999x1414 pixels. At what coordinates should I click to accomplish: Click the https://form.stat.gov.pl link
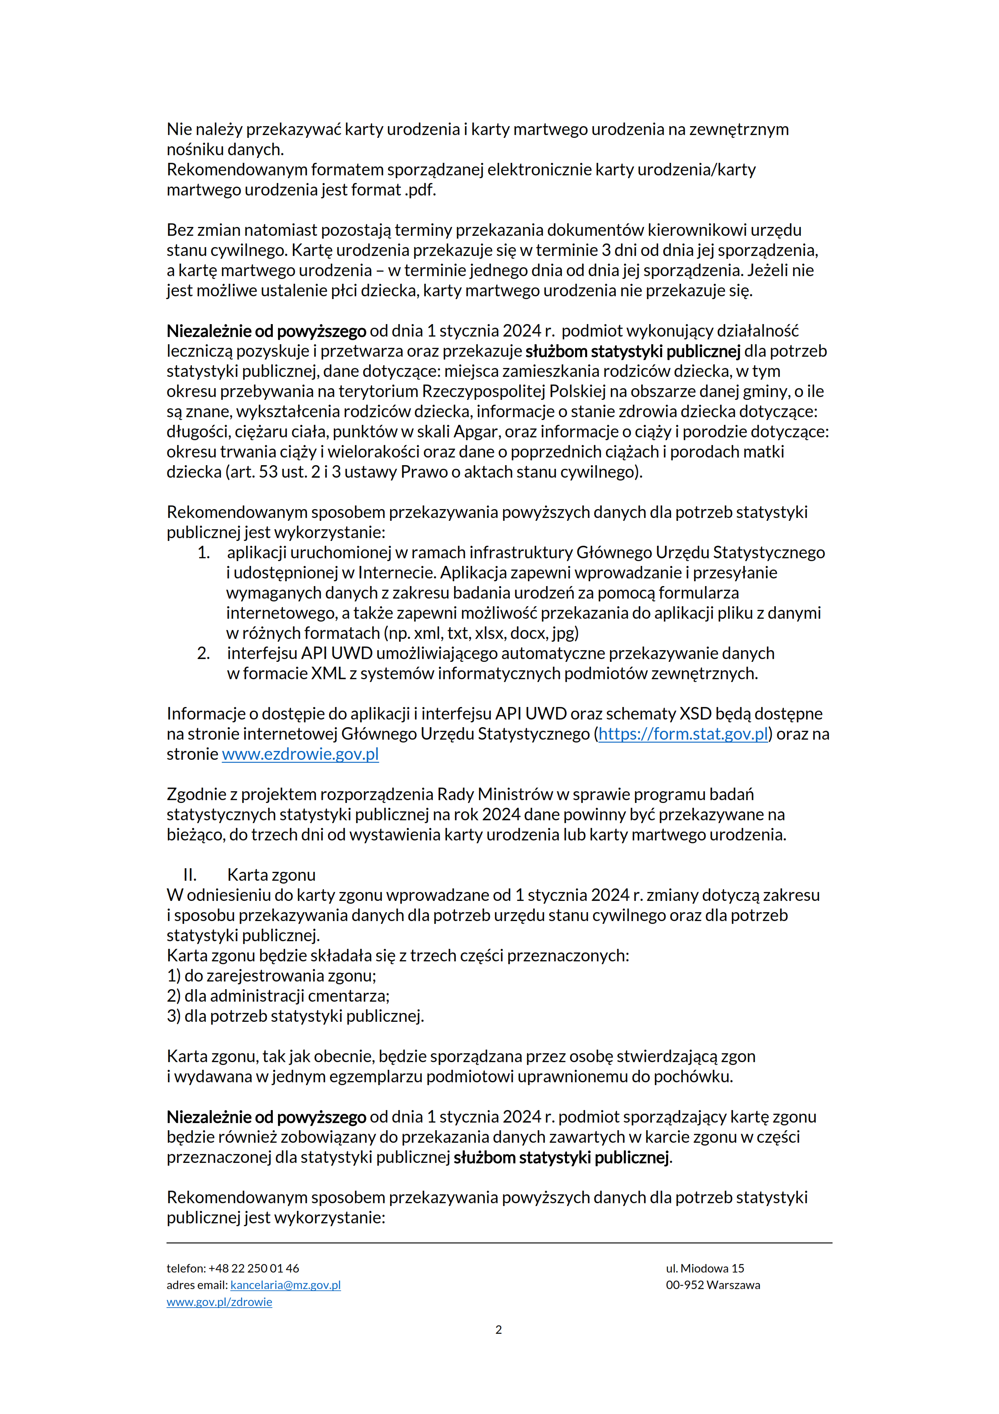click(x=683, y=734)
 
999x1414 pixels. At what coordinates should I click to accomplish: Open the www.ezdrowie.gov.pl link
click(x=300, y=754)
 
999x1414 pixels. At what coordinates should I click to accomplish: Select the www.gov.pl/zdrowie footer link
click(x=219, y=1302)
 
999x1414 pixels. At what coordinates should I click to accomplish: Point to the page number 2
click(x=498, y=1330)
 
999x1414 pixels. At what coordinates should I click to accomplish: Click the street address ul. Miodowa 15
click(x=705, y=1268)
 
